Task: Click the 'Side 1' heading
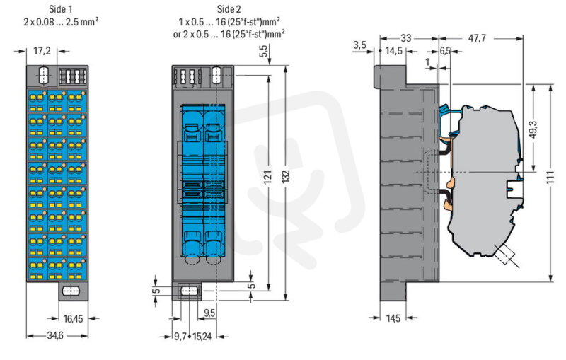coord(61,9)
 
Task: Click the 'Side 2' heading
coord(229,9)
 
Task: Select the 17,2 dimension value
coord(42,51)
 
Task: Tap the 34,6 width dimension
coord(55,335)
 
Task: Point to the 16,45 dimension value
coord(73,318)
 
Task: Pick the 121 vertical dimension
coord(267,177)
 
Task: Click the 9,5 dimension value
coord(209,313)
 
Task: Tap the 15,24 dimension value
coord(202,337)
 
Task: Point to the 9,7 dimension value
coord(180,337)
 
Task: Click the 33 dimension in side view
coord(405,38)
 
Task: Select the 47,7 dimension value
coord(477,38)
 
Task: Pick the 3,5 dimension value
coord(359,45)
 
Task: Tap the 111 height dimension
coord(550,178)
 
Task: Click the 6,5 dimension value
coord(445,51)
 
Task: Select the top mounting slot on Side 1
coord(42,75)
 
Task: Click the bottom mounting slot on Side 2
coord(190,291)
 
